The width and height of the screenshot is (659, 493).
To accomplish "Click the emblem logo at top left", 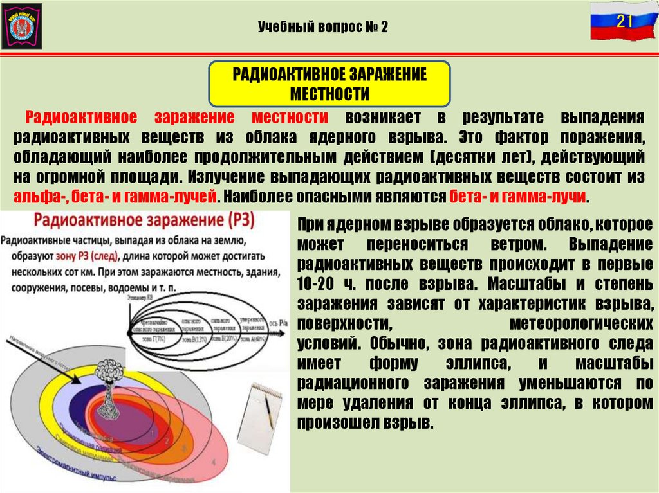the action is pos(22,26).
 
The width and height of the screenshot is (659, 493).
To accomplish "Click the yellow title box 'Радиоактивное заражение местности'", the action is pos(329,84).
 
